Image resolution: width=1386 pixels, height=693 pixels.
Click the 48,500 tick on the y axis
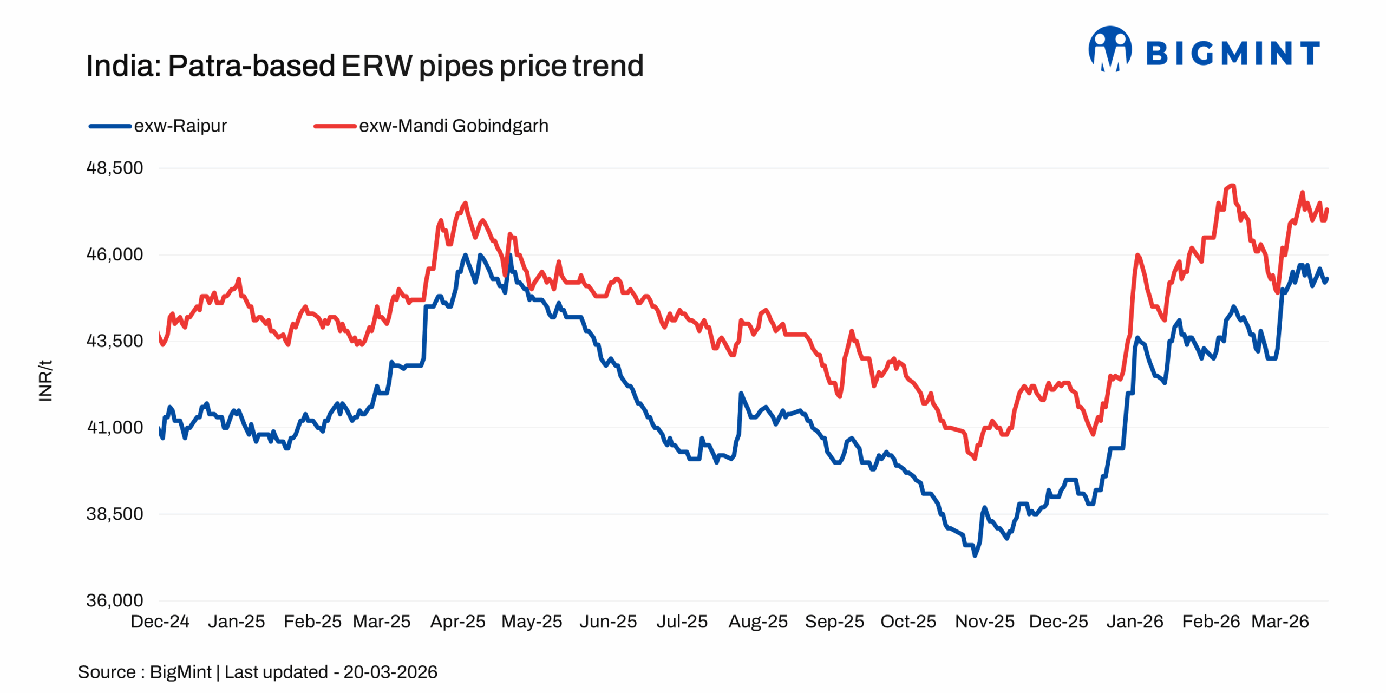tap(115, 168)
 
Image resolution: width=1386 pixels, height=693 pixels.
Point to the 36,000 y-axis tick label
tap(115, 600)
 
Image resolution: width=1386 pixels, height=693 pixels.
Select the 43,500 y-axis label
tap(115, 341)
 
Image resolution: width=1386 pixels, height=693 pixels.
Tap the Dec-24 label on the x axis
tap(160, 621)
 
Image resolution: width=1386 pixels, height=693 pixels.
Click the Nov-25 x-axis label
tap(984, 621)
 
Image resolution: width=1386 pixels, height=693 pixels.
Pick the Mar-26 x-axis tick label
tap(1280, 621)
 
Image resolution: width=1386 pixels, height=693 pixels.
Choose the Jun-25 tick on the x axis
tap(608, 621)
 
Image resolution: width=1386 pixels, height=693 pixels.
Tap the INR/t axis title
tap(45, 380)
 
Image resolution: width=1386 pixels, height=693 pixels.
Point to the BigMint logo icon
tap(1109, 49)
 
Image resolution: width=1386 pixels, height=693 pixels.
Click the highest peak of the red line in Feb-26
tap(1233, 186)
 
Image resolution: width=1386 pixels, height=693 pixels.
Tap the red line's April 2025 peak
tap(465, 203)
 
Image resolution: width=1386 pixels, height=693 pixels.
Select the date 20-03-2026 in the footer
tap(390, 672)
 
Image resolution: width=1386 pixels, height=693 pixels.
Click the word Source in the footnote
tap(107, 672)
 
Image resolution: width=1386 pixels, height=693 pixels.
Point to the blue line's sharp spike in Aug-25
tap(741, 394)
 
